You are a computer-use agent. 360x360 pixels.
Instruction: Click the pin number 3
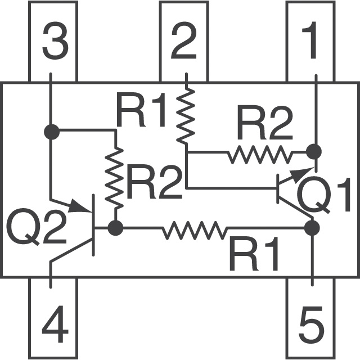point(55,44)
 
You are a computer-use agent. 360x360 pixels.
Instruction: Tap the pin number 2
point(183,44)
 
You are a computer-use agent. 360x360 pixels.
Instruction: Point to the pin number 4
point(55,327)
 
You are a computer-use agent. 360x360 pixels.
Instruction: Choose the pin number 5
point(311,327)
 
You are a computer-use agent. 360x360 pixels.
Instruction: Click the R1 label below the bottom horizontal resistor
point(254,256)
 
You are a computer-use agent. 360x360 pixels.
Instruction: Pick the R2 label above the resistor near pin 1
point(264,124)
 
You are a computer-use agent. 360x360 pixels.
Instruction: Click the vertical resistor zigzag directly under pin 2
point(184,115)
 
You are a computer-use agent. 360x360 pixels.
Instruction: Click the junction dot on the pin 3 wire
point(51,132)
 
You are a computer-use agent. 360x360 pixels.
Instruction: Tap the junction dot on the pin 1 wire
point(313,151)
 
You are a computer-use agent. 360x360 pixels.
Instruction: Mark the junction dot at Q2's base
point(116,228)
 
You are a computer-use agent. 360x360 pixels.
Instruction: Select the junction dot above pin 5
point(312,228)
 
